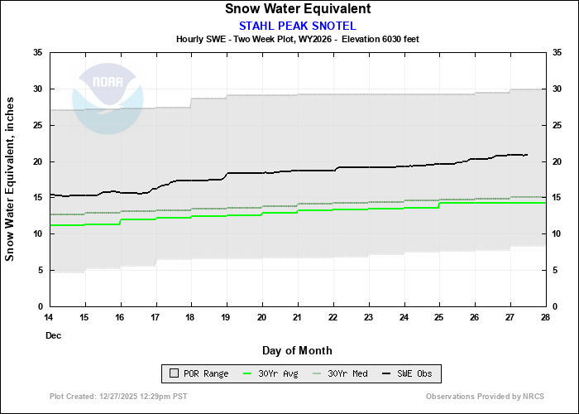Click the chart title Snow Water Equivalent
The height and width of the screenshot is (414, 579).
click(x=297, y=9)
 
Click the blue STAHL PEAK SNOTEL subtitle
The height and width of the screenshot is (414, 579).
click(x=297, y=25)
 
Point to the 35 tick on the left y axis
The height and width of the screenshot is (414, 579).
click(x=38, y=52)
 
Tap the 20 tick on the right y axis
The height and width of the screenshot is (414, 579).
click(x=557, y=161)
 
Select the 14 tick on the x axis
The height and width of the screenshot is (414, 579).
click(x=49, y=317)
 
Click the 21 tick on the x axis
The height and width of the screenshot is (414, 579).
click(x=297, y=317)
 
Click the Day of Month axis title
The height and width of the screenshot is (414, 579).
click(x=297, y=351)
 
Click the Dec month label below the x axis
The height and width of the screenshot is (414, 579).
click(x=53, y=336)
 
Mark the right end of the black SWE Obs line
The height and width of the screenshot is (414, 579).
click(x=527, y=155)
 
